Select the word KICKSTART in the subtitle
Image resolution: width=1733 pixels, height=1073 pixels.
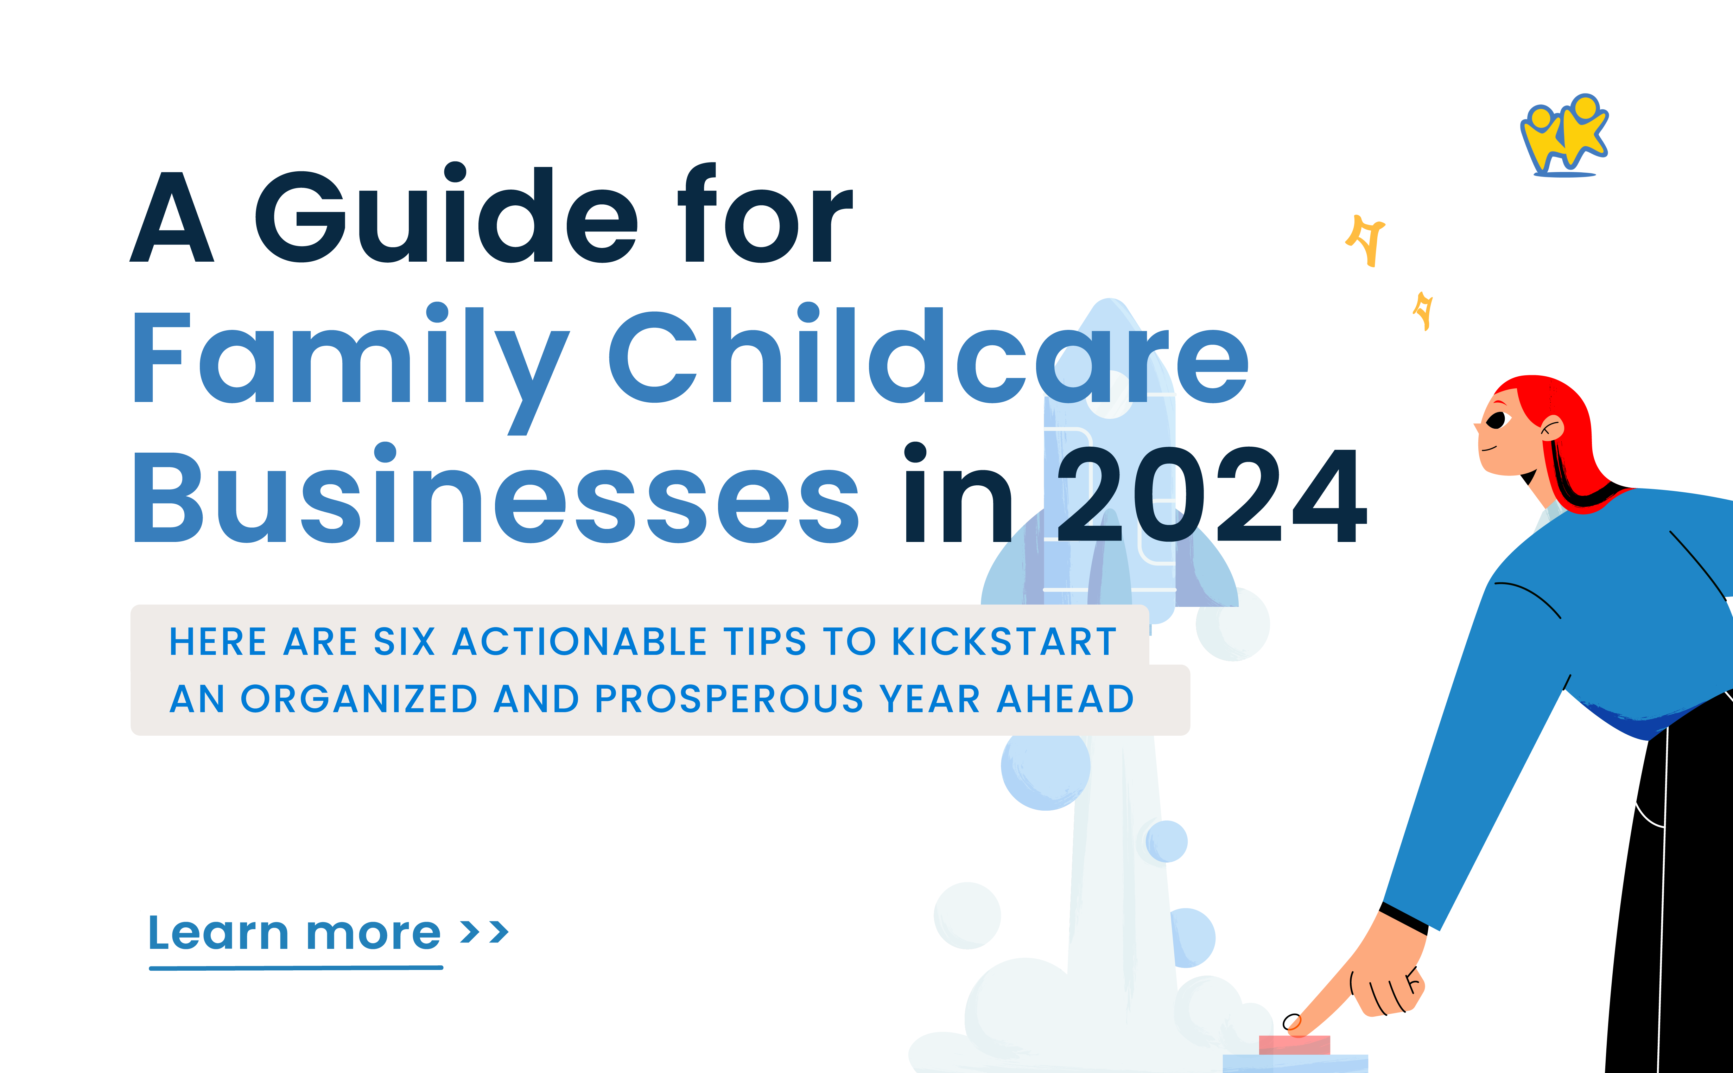tap(1004, 642)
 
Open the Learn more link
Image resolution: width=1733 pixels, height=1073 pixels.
tap(294, 933)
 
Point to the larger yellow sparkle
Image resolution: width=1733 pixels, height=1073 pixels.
tap(1366, 240)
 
